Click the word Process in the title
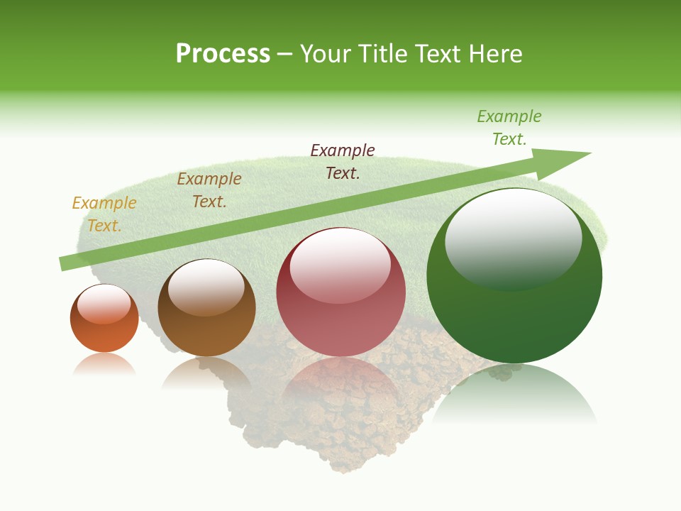pyautogui.click(x=223, y=54)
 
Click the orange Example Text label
pyautogui.click(x=104, y=214)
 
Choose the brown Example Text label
pyautogui.click(x=209, y=190)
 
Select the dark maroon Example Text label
pyautogui.click(x=343, y=161)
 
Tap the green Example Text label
pyautogui.click(x=509, y=128)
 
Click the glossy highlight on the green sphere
pyautogui.click(x=513, y=238)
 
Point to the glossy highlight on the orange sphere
pyautogui.click(x=104, y=304)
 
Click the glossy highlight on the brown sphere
pyautogui.click(x=206, y=285)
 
